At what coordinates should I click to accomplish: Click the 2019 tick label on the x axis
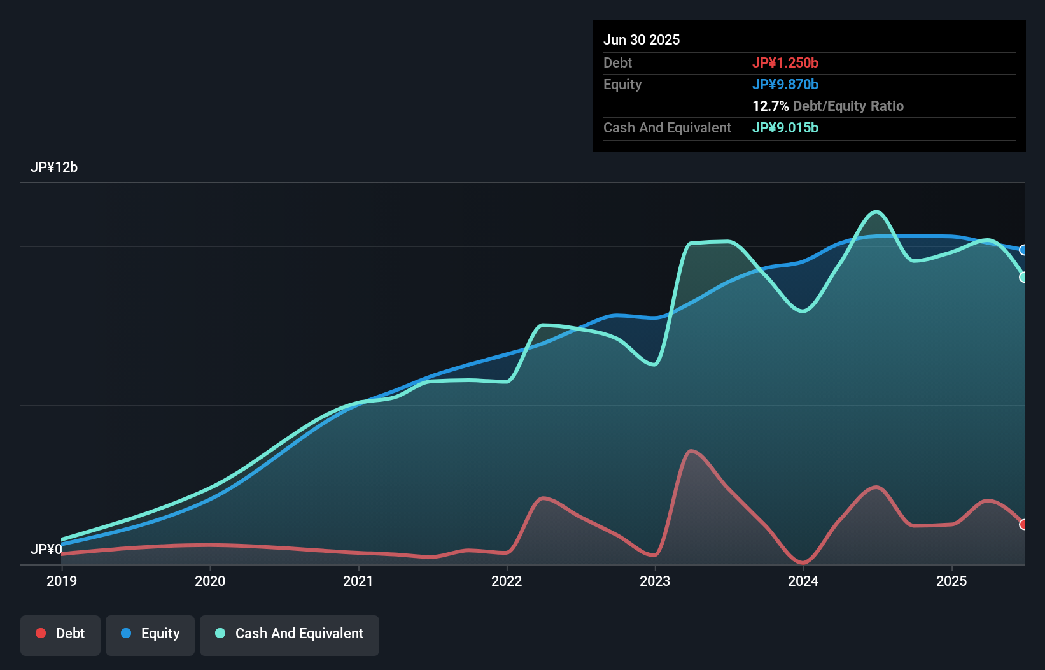62,581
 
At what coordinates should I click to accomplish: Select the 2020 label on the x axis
210,581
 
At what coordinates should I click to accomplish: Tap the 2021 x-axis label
358,581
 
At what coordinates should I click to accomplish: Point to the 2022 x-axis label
507,581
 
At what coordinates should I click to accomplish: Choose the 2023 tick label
655,581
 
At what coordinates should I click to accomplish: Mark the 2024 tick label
803,581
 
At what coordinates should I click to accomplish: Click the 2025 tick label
951,581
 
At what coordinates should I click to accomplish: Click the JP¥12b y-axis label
54,167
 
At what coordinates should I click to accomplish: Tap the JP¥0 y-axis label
46,549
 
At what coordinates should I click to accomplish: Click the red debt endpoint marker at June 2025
1023,524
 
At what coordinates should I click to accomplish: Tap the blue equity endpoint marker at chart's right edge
1023,250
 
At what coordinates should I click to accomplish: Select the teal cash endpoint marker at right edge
1023,277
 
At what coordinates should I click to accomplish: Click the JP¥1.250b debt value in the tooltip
785,63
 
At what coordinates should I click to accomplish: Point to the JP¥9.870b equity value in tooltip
785,85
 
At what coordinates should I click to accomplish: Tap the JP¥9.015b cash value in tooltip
785,128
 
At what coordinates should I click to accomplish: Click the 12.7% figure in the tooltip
770,106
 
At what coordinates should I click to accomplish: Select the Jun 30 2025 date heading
642,40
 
